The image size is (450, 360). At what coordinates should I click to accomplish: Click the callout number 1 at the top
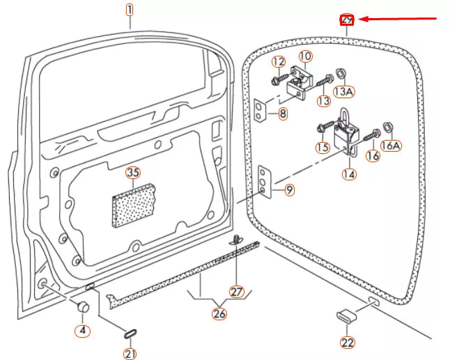(129, 10)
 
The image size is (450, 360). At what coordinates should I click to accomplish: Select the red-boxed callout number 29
(347, 19)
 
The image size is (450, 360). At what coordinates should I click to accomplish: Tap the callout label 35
(132, 173)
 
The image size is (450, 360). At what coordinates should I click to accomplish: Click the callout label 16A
(392, 145)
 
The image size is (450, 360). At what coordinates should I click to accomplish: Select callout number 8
(282, 114)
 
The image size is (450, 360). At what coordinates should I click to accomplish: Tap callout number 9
(289, 189)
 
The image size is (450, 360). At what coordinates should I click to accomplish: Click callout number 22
(347, 342)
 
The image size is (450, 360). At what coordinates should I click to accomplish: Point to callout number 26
(219, 313)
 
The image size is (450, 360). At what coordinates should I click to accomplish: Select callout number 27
(238, 291)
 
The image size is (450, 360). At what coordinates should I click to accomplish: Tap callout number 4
(83, 330)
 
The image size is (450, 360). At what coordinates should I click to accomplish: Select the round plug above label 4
(82, 307)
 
